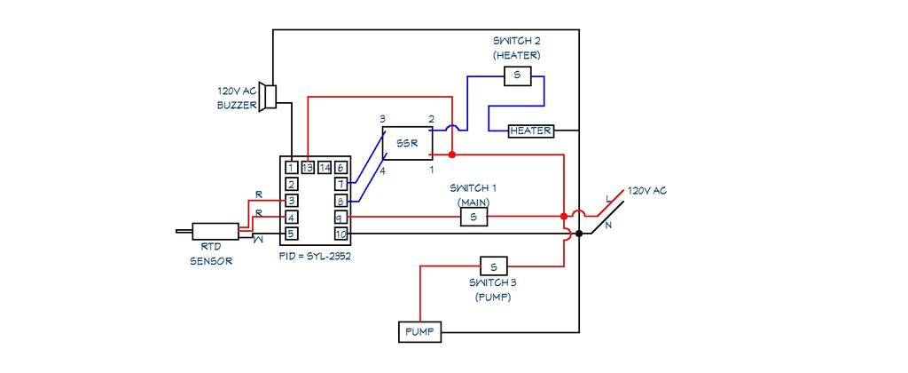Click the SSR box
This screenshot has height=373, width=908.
(x=407, y=143)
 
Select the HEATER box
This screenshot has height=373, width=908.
(x=531, y=131)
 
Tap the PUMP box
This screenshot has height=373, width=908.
(x=419, y=332)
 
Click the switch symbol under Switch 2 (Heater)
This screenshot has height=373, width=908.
(x=517, y=76)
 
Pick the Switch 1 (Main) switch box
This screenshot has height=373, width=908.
(x=474, y=217)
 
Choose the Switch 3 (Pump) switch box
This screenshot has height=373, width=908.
(x=494, y=266)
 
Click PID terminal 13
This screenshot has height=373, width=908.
(x=308, y=167)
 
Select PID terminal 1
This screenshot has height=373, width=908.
(x=291, y=167)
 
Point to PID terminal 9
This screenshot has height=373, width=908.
(x=340, y=217)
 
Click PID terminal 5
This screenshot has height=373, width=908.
(x=291, y=234)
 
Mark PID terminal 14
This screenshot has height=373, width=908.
(x=325, y=167)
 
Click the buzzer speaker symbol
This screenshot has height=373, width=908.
(x=270, y=97)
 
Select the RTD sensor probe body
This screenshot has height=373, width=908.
(x=215, y=231)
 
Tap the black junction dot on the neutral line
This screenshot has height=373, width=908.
(x=579, y=234)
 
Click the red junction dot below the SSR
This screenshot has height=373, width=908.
(x=452, y=155)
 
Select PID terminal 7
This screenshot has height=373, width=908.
(x=340, y=184)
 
